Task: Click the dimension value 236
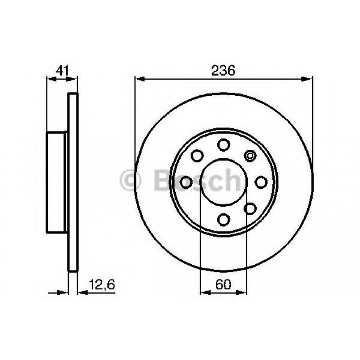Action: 223,70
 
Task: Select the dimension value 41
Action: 61,70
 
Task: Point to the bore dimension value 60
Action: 223,284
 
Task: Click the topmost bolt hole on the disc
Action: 223,144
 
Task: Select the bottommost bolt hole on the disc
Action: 223,219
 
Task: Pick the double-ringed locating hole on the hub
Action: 250,155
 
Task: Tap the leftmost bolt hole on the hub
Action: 186,182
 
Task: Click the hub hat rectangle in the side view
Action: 57,182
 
